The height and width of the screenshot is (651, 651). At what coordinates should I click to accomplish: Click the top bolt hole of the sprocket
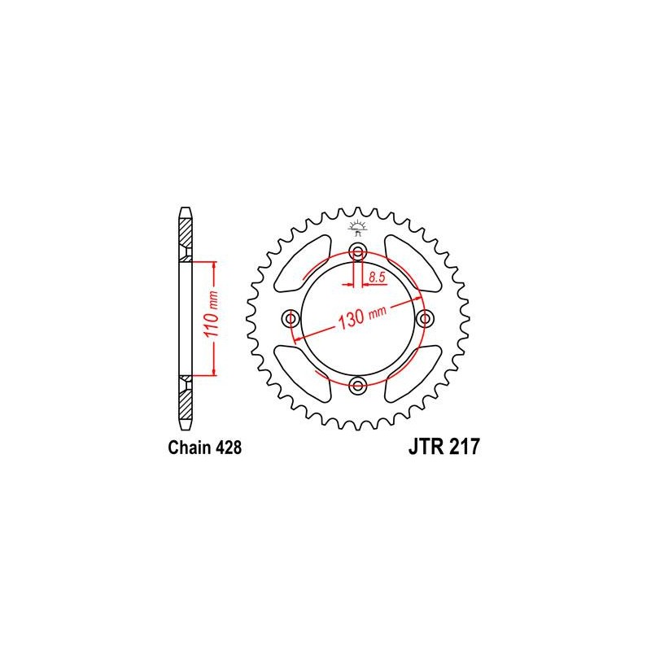pos(357,251)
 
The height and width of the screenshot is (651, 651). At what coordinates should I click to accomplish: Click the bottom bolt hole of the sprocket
pos(357,386)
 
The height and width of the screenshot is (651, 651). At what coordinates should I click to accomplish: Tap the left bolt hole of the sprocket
pos(291,319)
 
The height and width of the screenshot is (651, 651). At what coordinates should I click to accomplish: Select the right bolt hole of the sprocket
pos(425,319)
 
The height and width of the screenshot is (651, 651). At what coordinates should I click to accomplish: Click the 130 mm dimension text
pos(362,317)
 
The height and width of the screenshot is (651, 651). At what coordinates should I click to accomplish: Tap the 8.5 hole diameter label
pos(377,277)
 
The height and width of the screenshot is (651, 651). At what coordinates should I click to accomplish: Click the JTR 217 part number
pos(444,447)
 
